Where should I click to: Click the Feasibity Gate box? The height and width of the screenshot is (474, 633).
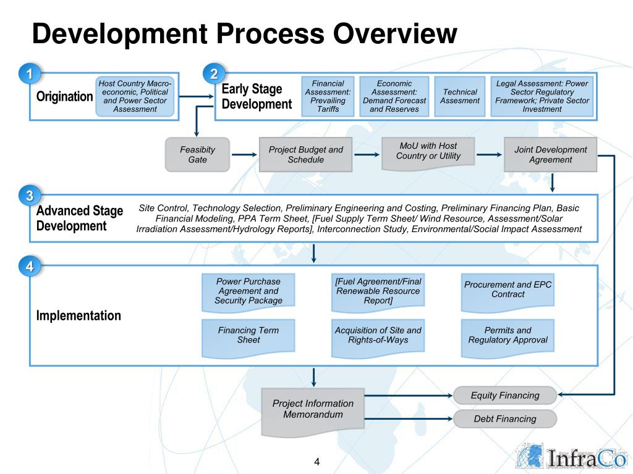pyautogui.click(x=198, y=154)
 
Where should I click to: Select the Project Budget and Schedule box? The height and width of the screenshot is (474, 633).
pyautogui.click(x=305, y=154)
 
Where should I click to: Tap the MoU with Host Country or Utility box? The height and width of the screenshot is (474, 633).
pyautogui.click(x=428, y=152)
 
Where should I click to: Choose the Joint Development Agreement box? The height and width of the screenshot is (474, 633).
pyautogui.click(x=551, y=154)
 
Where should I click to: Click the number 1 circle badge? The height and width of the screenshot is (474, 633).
pyautogui.click(x=28, y=74)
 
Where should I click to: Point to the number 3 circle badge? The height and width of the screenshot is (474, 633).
pyautogui.click(x=28, y=196)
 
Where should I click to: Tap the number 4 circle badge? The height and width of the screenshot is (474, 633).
pyautogui.click(x=28, y=267)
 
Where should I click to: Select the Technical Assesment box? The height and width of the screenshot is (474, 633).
pyautogui.click(x=460, y=96)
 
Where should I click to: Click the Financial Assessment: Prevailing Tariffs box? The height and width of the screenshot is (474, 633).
pyautogui.click(x=328, y=96)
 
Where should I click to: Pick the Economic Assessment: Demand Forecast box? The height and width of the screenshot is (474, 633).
pyautogui.click(x=394, y=96)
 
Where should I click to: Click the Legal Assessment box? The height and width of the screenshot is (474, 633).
pyautogui.click(x=542, y=96)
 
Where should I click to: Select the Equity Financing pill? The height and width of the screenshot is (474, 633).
pyautogui.click(x=505, y=396)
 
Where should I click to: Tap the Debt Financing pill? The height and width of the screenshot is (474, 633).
pyautogui.click(x=505, y=419)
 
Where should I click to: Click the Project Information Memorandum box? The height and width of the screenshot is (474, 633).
pyautogui.click(x=313, y=409)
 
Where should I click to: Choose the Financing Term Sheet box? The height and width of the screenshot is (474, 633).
pyautogui.click(x=249, y=336)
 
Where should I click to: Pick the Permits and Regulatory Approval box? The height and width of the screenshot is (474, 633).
pyautogui.click(x=508, y=336)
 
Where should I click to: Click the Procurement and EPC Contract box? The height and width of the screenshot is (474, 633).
pyautogui.click(x=508, y=290)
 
